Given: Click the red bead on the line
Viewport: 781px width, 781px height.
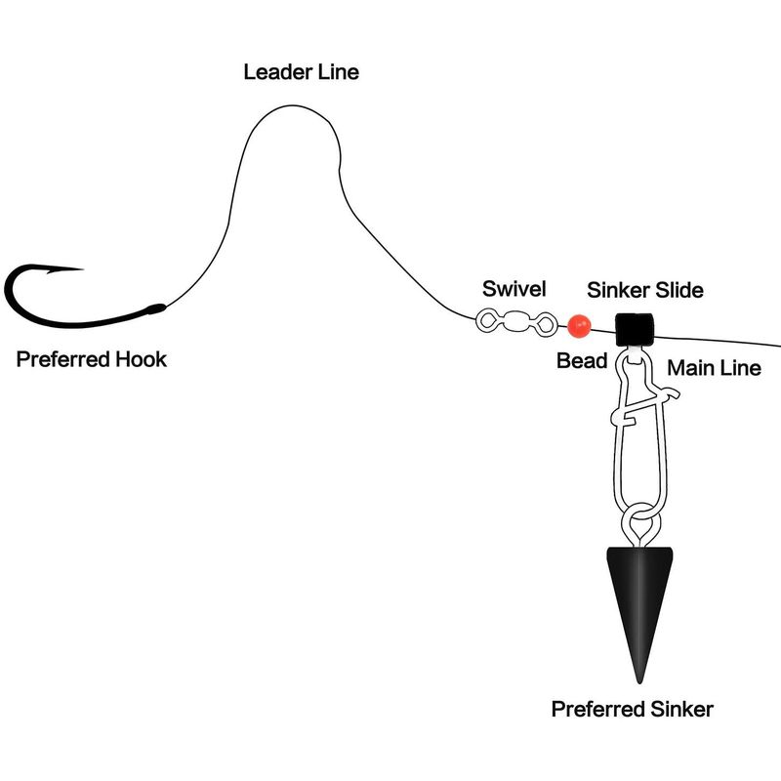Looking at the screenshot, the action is tap(579, 326).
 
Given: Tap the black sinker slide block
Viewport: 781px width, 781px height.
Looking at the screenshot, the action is tap(634, 330).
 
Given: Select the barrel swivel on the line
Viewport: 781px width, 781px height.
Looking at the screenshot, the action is tap(516, 322).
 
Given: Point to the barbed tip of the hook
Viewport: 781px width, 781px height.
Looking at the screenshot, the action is tap(82, 269).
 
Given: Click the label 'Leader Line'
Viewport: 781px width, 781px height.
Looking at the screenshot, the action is tap(301, 72).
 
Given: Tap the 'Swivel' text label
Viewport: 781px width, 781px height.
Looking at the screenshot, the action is tap(514, 289).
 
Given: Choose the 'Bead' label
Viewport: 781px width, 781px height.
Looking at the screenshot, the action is tap(582, 360).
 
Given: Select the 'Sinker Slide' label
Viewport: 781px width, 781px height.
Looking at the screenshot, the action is tap(645, 290).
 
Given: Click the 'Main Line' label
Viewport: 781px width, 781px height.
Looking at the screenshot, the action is tap(714, 368).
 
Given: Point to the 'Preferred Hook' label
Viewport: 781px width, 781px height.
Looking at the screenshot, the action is tap(91, 359).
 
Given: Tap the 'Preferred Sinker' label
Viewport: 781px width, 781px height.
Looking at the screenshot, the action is tap(632, 709).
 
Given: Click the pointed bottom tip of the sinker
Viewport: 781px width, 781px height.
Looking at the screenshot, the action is tap(639, 683).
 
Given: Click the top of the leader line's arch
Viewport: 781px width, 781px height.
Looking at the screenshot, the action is tap(292, 105).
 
